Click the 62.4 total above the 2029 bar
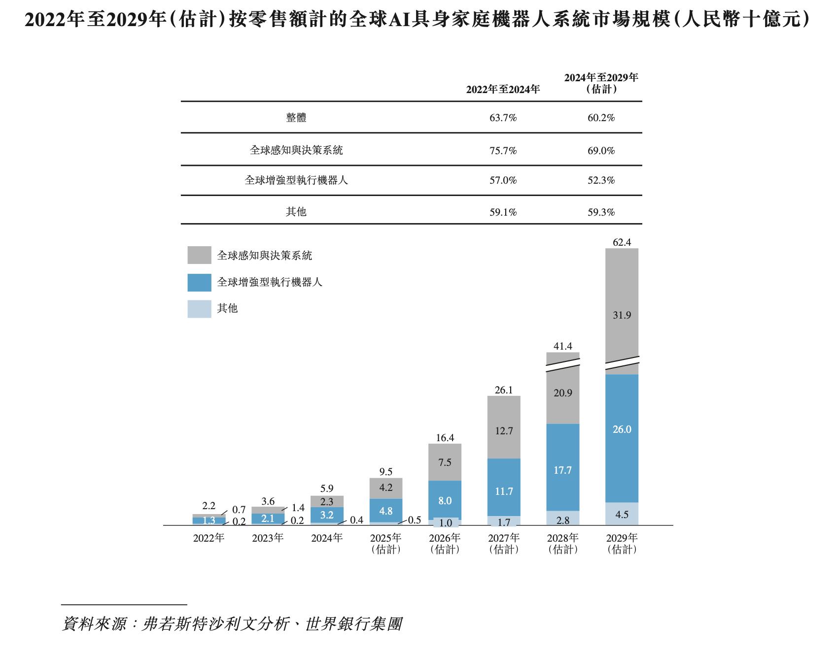pyautogui.click(x=622, y=242)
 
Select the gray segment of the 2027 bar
pyautogui.click(x=504, y=427)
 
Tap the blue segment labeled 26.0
pyautogui.click(x=622, y=438)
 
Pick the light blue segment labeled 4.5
pyautogui.click(x=622, y=514)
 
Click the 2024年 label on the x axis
pyautogui.click(x=327, y=538)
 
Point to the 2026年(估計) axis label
pyautogui.click(x=445, y=543)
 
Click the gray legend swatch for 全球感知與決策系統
pyautogui.click(x=199, y=255)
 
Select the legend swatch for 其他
pyautogui.click(x=199, y=309)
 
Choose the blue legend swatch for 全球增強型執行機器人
pyautogui.click(x=199, y=282)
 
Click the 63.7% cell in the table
pyautogui.click(x=503, y=118)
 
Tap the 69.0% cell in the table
pyautogui.click(x=601, y=151)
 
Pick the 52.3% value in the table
pyautogui.click(x=601, y=180)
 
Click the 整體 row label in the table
pyautogui.click(x=296, y=118)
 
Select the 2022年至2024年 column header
pyautogui.click(x=503, y=89)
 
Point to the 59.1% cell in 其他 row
pyautogui.click(x=503, y=212)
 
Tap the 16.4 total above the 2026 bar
pyautogui.click(x=445, y=438)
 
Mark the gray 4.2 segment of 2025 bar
pyautogui.click(x=386, y=488)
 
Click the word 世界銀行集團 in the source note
pyautogui.click(x=354, y=624)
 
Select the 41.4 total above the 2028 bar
pyautogui.click(x=562, y=346)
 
